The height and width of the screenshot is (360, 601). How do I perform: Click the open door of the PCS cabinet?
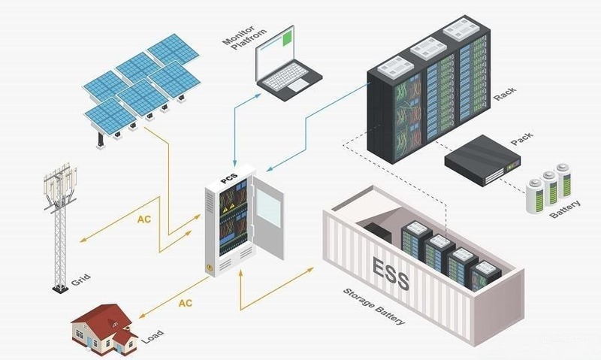(267, 215)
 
